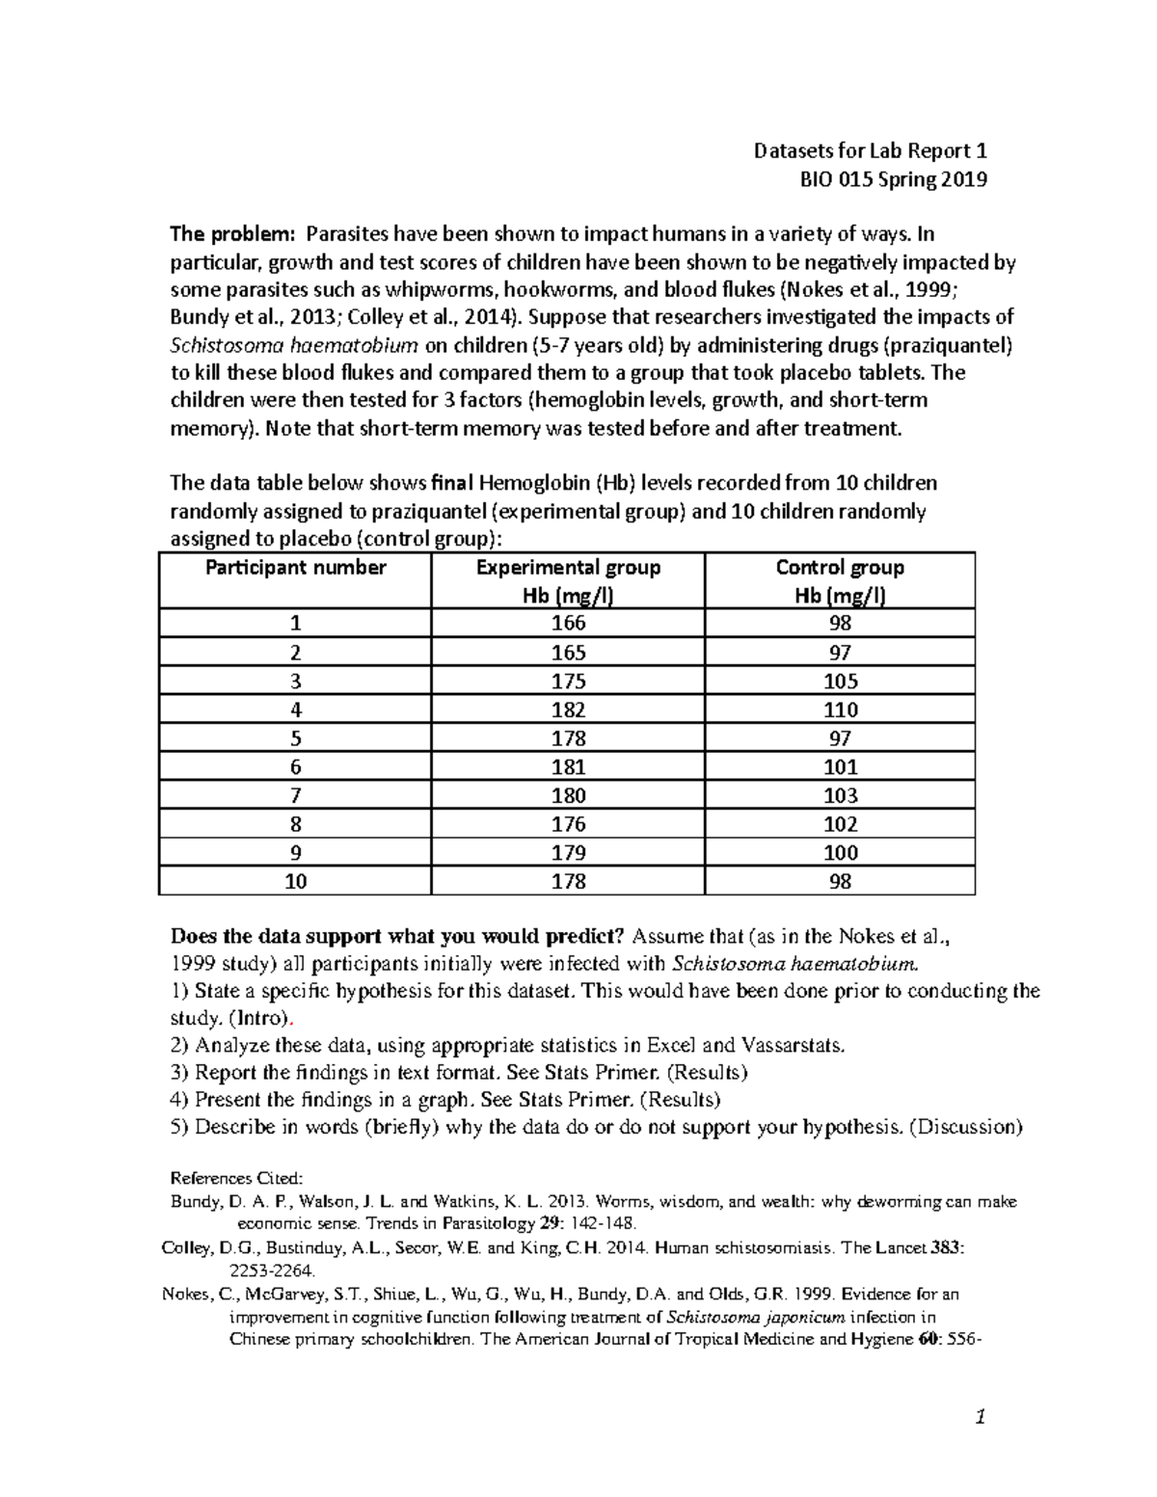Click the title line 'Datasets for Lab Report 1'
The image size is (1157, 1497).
coord(870,151)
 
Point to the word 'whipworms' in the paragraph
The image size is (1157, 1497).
coord(436,289)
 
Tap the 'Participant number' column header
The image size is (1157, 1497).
coord(296,568)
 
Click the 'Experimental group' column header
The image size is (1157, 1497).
coord(568,568)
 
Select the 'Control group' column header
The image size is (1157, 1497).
coord(840,568)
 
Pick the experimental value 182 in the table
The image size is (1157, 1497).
coord(568,710)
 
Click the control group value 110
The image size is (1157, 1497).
coord(840,710)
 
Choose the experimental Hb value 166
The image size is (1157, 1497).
coord(568,624)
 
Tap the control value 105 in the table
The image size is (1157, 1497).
coord(840,682)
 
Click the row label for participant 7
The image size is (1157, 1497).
coord(296,796)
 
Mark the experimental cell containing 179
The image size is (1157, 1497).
coord(568,853)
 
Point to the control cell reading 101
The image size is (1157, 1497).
coord(840,767)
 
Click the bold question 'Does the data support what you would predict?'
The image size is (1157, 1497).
coord(398,936)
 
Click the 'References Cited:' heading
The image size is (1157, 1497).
coord(236,1178)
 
